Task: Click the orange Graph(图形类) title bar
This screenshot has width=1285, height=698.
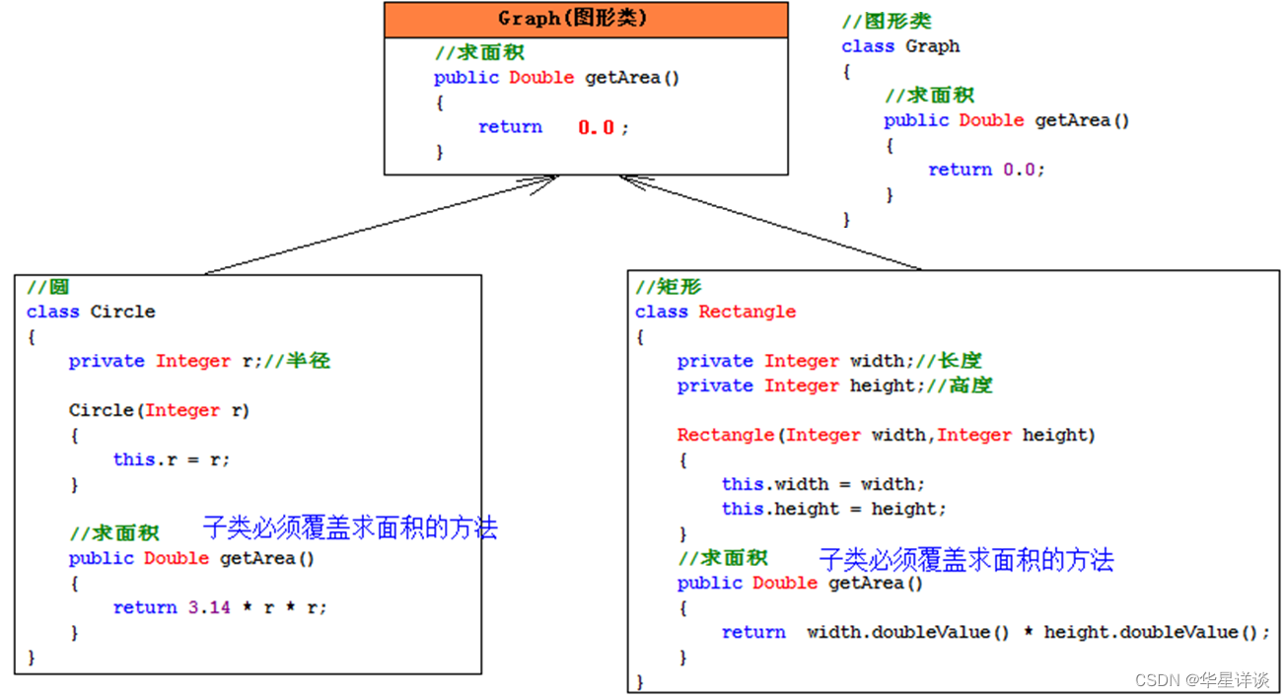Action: click(586, 19)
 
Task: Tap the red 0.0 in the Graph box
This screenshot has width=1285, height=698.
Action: click(596, 127)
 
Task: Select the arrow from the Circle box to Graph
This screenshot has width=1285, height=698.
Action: click(380, 225)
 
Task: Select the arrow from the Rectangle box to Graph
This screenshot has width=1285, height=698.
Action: click(769, 222)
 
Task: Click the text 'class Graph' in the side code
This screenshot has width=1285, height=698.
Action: click(899, 46)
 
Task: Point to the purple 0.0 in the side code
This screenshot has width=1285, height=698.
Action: click(1019, 170)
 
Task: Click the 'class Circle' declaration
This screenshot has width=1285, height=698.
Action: click(91, 312)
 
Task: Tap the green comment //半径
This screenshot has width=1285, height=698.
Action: click(308, 361)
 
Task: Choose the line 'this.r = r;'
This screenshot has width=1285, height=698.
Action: click(172, 459)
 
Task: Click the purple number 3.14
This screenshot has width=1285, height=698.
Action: click(209, 607)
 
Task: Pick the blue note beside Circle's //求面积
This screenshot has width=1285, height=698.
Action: click(350, 527)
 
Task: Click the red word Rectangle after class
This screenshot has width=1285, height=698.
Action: click(747, 312)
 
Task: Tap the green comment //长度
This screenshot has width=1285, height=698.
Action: click(960, 361)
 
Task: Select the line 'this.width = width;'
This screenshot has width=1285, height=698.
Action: click(823, 484)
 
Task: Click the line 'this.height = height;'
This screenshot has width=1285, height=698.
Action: click(833, 509)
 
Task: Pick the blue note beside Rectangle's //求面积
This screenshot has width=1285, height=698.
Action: click(965, 560)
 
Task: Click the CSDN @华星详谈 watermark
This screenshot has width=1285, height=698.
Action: click(1201, 680)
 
